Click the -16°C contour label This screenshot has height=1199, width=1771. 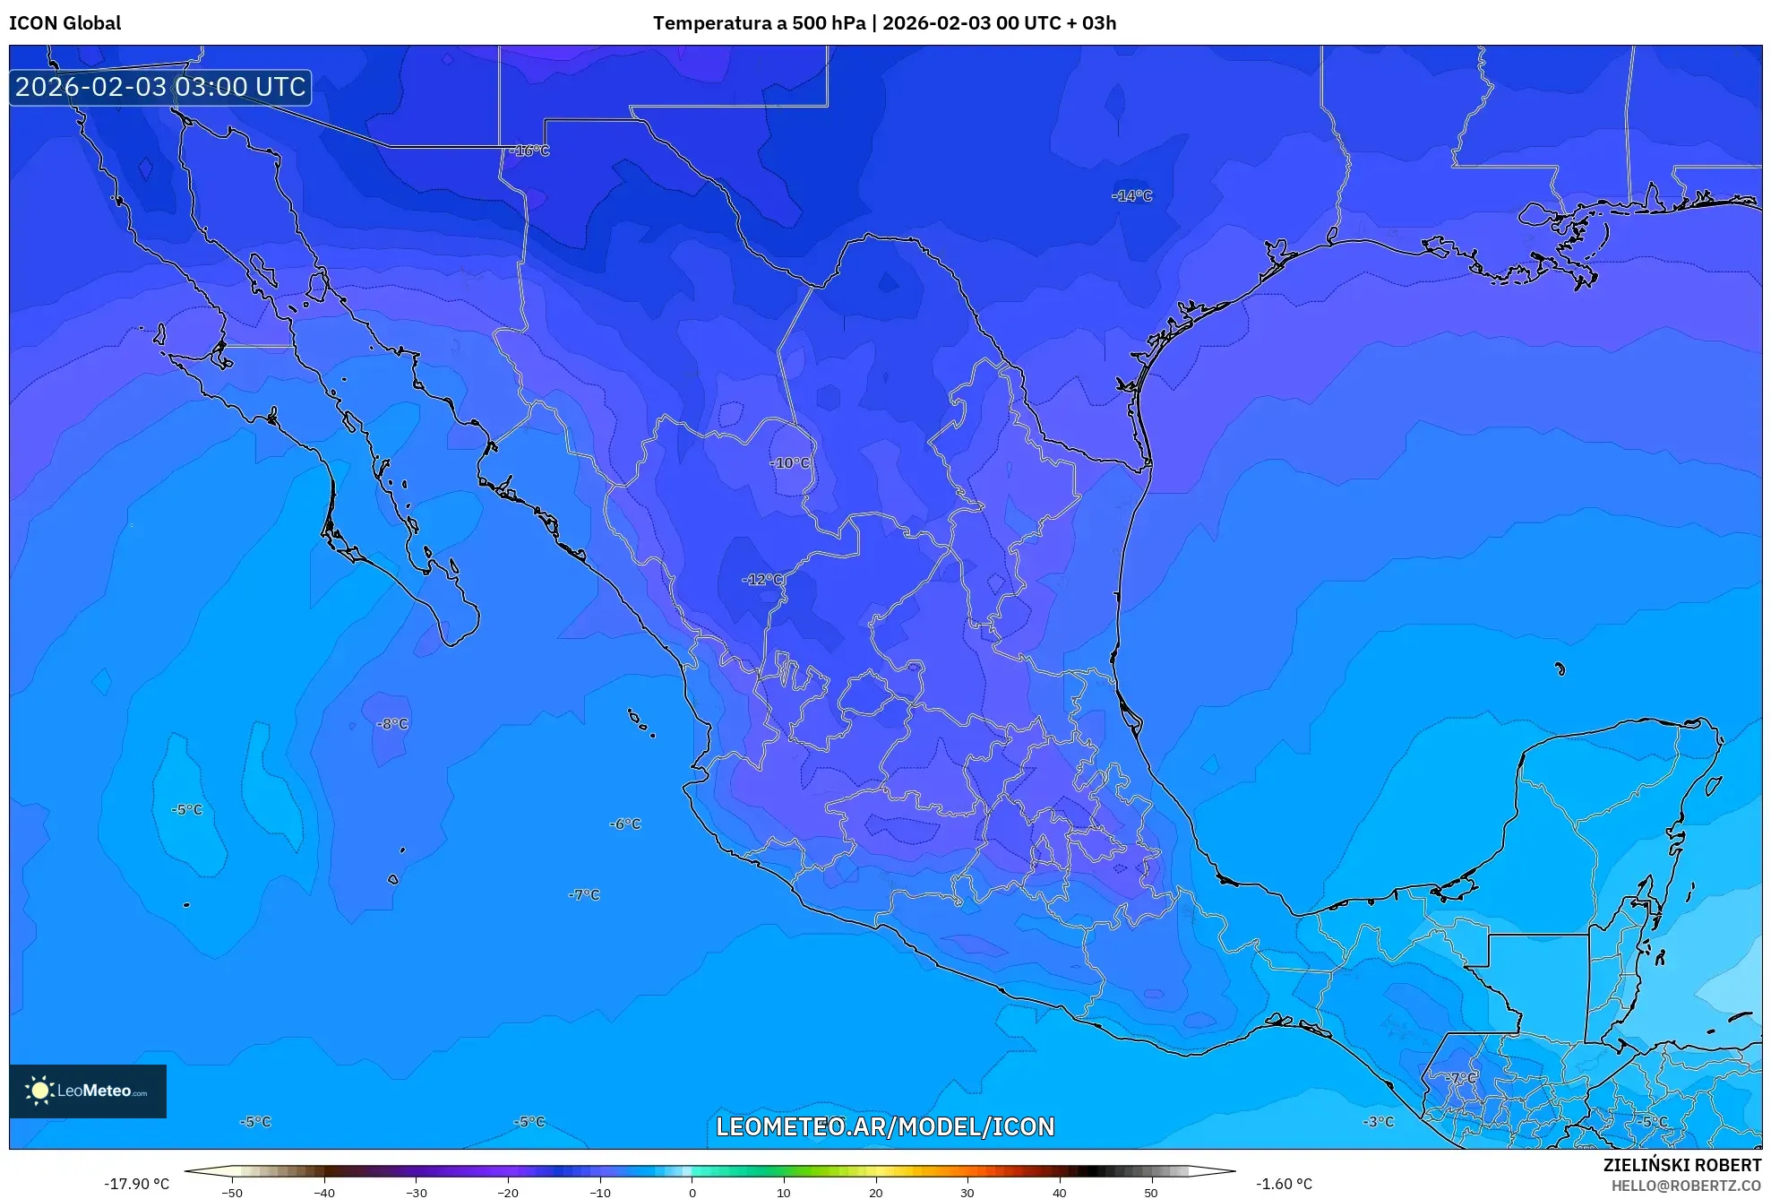[x=529, y=151]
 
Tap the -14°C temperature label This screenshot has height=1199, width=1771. [x=1132, y=195]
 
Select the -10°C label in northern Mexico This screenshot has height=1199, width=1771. [x=790, y=463]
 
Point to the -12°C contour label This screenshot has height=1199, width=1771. [x=763, y=580]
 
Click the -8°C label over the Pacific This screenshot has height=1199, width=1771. [x=392, y=724]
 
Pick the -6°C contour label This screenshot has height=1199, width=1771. [x=625, y=824]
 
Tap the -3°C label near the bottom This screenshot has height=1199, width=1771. [x=1379, y=1122]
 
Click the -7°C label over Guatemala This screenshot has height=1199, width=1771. [x=1461, y=1077]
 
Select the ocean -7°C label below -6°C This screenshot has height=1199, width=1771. [x=584, y=894]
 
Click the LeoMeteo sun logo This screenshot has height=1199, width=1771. [x=39, y=1091]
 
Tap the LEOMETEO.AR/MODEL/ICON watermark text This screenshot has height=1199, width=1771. [x=885, y=1126]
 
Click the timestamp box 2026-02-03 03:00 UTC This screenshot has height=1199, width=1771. [x=160, y=87]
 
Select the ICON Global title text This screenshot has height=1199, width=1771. [x=64, y=23]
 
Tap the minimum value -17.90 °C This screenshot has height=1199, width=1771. [x=136, y=1184]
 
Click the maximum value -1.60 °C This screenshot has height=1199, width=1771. [x=1284, y=1184]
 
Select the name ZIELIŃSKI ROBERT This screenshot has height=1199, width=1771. [x=1681, y=1165]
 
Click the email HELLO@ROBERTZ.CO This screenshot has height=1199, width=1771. [x=1686, y=1186]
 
